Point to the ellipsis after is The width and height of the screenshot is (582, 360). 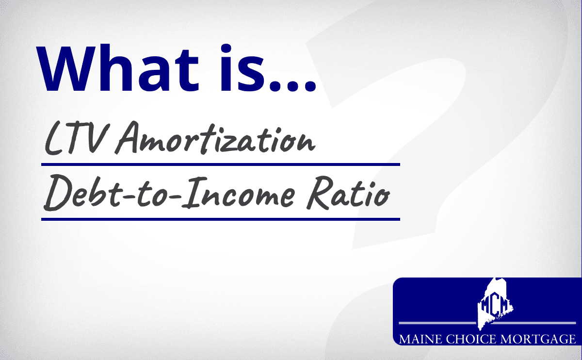click(292, 86)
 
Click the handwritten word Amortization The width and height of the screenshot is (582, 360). click(215, 138)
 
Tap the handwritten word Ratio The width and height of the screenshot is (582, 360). click(348, 193)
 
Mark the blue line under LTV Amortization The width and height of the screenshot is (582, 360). click(220, 164)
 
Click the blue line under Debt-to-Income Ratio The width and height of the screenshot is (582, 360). click(220, 219)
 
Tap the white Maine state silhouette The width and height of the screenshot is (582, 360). click(495, 304)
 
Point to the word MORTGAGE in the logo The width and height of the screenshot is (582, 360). click(538, 339)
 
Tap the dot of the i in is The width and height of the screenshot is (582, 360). click(226, 49)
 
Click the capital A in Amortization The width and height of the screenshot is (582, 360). click(127, 137)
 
